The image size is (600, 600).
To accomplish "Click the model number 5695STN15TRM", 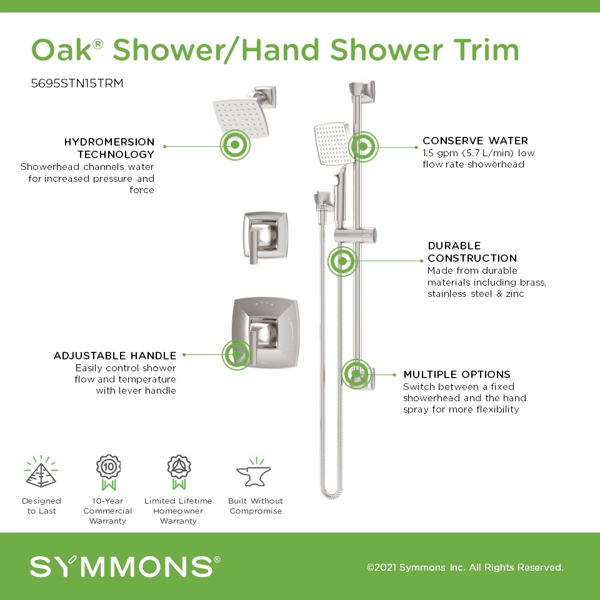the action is pyautogui.click(x=77, y=83).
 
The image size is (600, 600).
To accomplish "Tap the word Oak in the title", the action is pyautogui.click(x=61, y=50).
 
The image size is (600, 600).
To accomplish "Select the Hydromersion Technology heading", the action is pyautogui.click(x=109, y=148).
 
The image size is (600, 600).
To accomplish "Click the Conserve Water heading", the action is pyautogui.click(x=475, y=141).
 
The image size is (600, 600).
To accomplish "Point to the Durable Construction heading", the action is pyautogui.click(x=472, y=252).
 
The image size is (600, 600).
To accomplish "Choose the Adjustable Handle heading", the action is pyautogui.click(x=115, y=356).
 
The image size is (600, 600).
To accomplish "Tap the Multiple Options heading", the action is pyautogui.click(x=457, y=374).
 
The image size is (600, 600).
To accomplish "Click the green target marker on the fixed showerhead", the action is pyautogui.click(x=235, y=145).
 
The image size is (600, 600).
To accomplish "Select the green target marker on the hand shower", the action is pyautogui.click(x=363, y=146).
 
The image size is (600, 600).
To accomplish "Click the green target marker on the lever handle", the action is pyautogui.click(x=237, y=355).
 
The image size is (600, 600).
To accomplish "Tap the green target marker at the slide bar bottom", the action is pyautogui.click(x=357, y=374).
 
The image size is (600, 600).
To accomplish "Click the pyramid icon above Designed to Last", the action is pyautogui.click(x=41, y=471).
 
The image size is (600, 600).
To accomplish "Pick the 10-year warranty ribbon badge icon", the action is pyautogui.click(x=108, y=472).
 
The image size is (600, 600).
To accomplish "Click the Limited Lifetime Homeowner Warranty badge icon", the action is pyautogui.click(x=179, y=472).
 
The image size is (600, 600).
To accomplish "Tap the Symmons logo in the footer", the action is pyautogui.click(x=125, y=566).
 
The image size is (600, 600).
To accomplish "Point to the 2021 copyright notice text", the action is pyautogui.click(x=465, y=567).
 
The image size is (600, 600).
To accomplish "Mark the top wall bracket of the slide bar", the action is pyautogui.click(x=362, y=91).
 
